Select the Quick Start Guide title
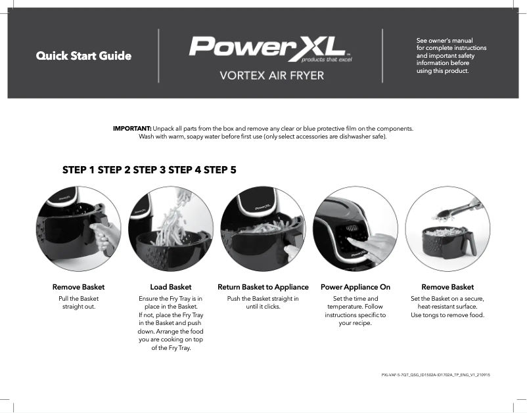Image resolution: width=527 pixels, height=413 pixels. (83, 56)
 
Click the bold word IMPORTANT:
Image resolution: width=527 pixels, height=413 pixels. (133, 128)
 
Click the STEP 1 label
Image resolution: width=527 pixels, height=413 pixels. (78, 169)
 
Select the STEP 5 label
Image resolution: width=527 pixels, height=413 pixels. (220, 169)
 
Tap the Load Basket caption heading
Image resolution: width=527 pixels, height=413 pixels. (171, 287)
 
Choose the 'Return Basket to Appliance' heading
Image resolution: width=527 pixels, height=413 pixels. (263, 287)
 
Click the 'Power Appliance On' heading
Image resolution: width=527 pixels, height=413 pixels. (355, 287)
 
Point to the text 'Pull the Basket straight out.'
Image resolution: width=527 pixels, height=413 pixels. (79, 303)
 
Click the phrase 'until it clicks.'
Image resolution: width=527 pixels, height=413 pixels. (263, 307)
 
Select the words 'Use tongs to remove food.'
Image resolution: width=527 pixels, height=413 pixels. (447, 315)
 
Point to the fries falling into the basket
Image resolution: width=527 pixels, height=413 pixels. (177, 217)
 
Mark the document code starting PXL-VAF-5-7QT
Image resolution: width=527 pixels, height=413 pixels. (436, 374)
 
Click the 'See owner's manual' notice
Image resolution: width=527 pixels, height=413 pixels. (451, 56)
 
